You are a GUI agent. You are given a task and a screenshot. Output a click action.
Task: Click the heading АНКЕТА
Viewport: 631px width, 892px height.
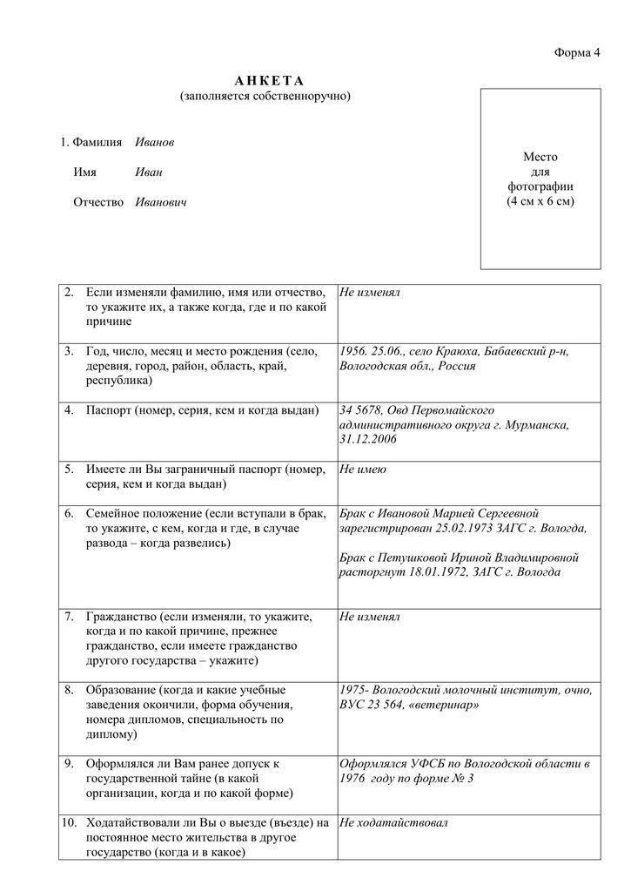[265, 81]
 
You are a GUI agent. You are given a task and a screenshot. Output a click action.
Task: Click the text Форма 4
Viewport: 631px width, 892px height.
[578, 53]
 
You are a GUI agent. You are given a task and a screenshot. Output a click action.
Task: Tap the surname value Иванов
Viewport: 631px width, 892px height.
[154, 141]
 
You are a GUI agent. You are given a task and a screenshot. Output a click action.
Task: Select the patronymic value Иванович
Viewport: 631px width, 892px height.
[161, 202]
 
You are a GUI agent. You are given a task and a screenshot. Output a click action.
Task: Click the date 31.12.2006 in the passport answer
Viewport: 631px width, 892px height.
[368, 440]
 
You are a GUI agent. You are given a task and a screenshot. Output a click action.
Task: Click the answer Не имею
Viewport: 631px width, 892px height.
[363, 470]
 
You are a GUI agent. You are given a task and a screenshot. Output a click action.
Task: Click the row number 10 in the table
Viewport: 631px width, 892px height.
[70, 821]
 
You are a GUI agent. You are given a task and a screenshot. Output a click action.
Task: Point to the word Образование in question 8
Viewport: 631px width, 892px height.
[121, 690]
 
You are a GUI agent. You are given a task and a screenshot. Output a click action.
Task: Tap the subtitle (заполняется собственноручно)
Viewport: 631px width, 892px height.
[265, 96]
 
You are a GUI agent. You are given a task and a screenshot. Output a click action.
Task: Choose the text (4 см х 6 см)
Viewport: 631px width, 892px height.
[540, 201]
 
